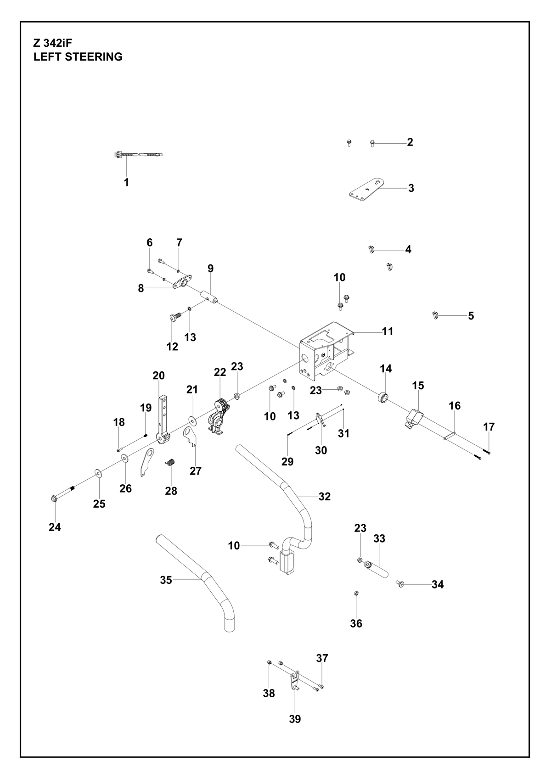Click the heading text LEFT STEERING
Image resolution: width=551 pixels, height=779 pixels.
click(x=78, y=56)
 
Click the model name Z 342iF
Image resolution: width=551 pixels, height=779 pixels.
click(x=52, y=43)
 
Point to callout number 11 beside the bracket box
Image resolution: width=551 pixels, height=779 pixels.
click(x=388, y=331)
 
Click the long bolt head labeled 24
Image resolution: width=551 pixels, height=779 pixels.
click(x=54, y=498)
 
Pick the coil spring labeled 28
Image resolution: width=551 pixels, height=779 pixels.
click(x=170, y=463)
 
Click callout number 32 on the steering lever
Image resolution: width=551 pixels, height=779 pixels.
click(x=325, y=497)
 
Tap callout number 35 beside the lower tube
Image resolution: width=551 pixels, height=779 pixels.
click(x=166, y=580)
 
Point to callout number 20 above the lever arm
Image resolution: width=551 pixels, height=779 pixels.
click(x=158, y=375)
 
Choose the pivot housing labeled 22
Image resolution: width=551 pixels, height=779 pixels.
click(x=218, y=415)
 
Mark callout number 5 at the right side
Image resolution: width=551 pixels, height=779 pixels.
click(x=471, y=316)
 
